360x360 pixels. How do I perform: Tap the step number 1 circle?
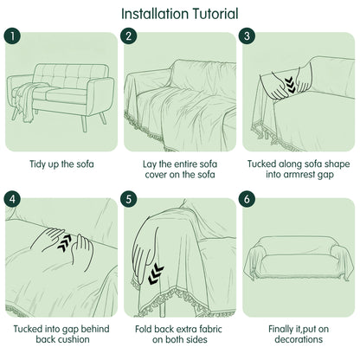[12, 35]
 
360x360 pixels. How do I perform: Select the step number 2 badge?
[129, 35]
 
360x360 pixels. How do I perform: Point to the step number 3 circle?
[247, 35]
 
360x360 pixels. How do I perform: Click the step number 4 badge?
[12, 199]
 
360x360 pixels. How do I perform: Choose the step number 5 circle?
[129, 199]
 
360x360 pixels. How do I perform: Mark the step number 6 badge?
[247, 199]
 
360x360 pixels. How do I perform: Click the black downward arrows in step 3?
[291, 86]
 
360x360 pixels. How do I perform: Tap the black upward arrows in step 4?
[65, 242]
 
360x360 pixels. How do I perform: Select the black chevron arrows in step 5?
[156, 274]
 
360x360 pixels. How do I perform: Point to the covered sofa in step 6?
[299, 258]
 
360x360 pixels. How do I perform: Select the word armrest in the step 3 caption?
[300, 174]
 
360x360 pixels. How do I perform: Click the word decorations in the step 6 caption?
[299, 339]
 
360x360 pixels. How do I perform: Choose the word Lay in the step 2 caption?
[150, 164]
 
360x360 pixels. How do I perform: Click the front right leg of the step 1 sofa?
[84, 124]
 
